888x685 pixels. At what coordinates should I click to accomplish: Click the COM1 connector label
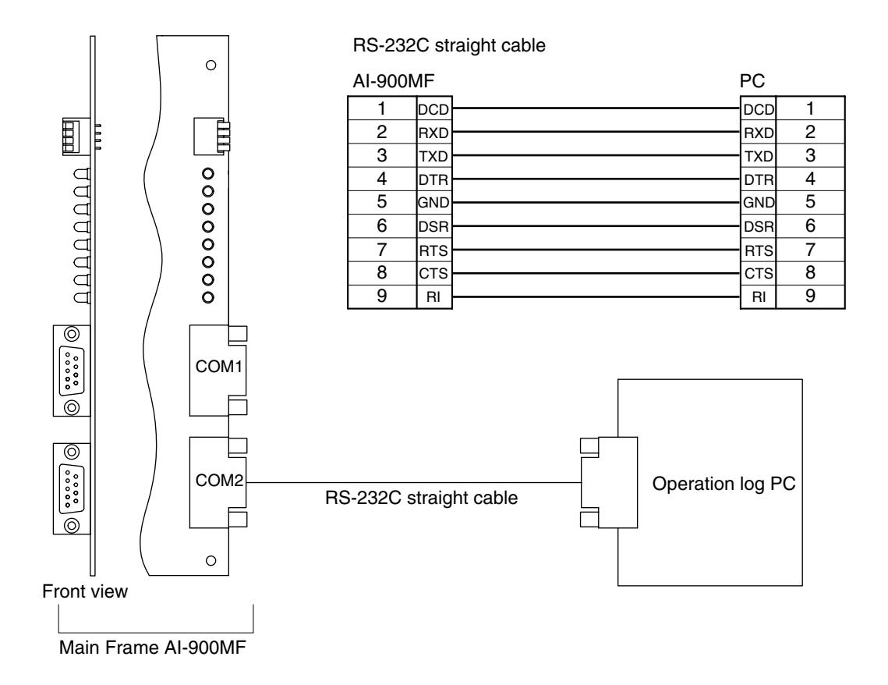point(218,367)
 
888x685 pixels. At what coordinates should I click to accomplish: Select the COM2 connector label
point(219,481)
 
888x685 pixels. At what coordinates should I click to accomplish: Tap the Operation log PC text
point(723,484)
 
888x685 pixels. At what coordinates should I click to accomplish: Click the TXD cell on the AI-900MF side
point(433,156)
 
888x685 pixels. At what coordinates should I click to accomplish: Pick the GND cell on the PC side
point(759,202)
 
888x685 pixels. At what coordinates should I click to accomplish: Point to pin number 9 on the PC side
point(810,296)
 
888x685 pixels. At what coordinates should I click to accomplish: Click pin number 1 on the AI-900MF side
point(382,108)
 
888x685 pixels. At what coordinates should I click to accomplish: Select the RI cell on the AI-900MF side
point(433,296)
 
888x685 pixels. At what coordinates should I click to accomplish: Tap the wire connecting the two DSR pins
point(596,226)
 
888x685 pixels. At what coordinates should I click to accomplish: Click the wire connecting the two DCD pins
point(596,108)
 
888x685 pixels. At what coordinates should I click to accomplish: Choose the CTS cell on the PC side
point(759,273)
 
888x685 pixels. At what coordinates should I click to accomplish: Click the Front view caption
point(85,591)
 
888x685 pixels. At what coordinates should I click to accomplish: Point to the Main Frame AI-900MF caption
point(153,647)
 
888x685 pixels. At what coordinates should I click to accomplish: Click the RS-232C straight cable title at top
point(449,45)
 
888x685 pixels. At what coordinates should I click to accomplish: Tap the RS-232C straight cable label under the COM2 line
point(421,498)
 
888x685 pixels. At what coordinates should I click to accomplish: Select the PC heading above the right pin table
point(752,82)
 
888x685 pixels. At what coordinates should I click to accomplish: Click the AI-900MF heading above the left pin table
point(394,82)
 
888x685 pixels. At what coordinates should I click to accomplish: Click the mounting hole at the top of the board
point(211,65)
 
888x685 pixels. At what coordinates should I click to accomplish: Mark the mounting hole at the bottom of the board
point(211,560)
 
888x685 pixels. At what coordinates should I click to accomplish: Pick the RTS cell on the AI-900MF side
point(433,250)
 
